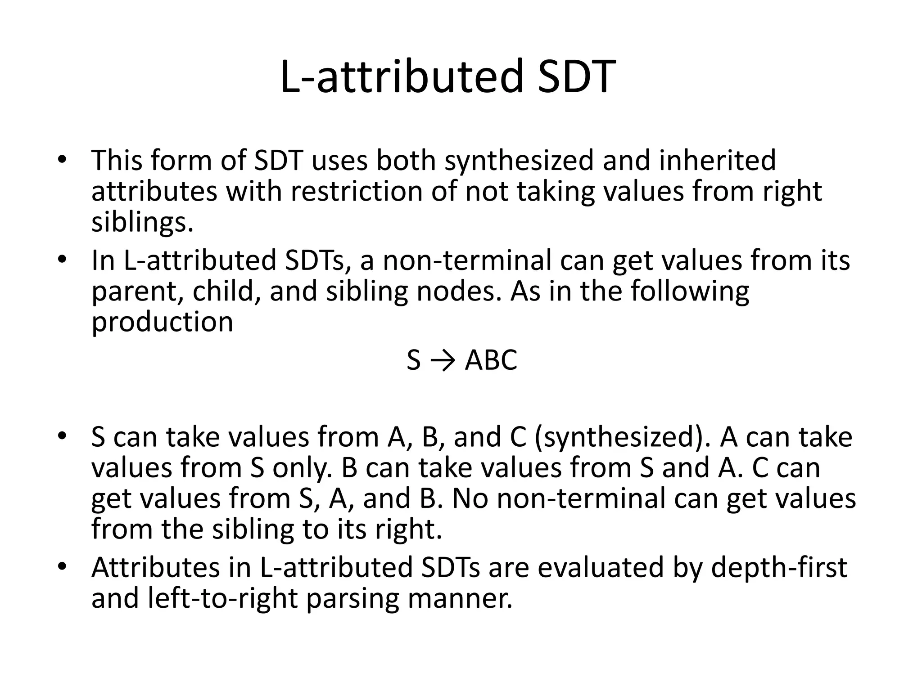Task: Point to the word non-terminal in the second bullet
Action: pyautogui.click(x=467, y=260)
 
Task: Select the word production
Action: pyautogui.click(x=162, y=322)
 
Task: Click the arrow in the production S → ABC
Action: pyautogui.click(x=443, y=360)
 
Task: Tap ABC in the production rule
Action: pyautogui.click(x=491, y=360)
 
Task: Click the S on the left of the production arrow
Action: pyautogui.click(x=413, y=360)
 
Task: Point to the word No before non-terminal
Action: pyautogui.click(x=470, y=498)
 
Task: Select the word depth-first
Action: pyautogui.click(x=779, y=567)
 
